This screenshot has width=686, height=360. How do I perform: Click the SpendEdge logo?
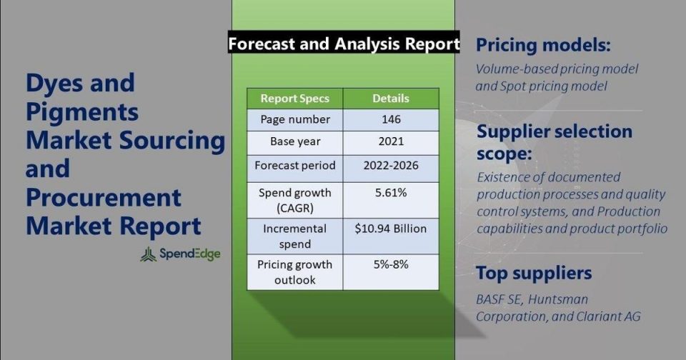coord(180,254)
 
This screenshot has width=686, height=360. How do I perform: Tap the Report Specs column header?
coord(295,99)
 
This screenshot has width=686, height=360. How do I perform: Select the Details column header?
coord(391,99)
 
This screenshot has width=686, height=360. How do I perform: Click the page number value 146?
coord(391,119)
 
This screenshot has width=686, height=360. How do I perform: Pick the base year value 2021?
coord(391,141)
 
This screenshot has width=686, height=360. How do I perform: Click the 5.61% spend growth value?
coord(391,192)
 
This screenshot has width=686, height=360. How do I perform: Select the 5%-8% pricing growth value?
coord(391,264)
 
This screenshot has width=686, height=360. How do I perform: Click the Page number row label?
coord(295,119)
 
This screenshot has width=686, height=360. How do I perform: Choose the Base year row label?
coord(295,141)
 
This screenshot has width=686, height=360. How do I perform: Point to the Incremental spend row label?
coord(295,236)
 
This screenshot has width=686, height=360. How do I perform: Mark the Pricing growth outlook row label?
coord(295,272)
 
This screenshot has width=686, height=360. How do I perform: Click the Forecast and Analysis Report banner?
coord(344,44)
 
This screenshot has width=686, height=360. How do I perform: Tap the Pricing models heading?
coord(543,45)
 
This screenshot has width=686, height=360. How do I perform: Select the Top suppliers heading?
coord(534,274)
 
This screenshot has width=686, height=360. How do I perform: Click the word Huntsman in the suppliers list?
coord(557,299)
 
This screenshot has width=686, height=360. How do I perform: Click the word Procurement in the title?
coord(103,198)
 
